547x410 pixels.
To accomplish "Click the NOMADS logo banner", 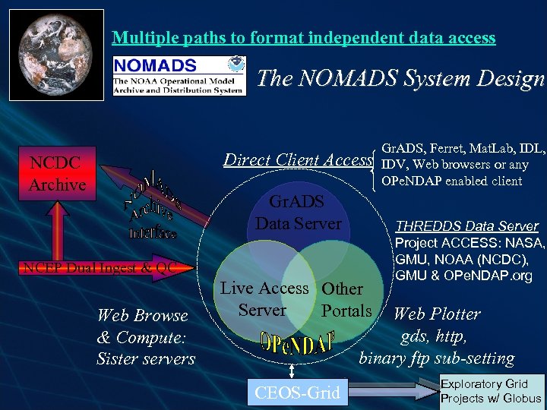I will tap(179, 74).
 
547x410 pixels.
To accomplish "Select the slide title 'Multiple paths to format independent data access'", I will tap(303, 37).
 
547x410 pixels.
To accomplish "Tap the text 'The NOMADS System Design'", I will tap(401, 78).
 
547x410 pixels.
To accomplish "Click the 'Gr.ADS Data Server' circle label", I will tap(298, 213).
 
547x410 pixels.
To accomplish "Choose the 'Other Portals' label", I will tap(346, 300).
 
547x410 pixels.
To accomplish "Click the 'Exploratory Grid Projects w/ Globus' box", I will tap(492, 391).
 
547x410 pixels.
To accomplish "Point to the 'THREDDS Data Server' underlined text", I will tap(467, 226).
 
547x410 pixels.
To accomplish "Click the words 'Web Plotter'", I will tap(436, 314).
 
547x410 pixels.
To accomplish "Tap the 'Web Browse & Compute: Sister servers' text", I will tap(145, 337).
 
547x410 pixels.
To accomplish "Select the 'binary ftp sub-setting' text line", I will tap(436, 358).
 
